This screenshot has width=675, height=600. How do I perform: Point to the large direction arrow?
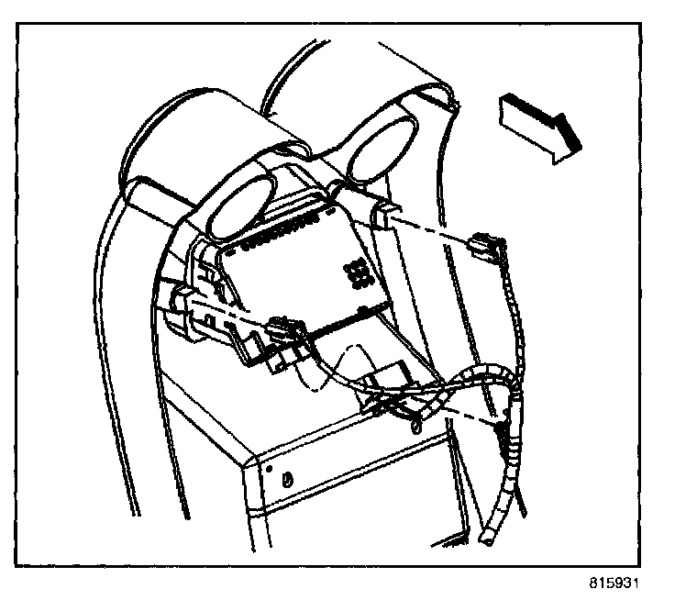click(540, 126)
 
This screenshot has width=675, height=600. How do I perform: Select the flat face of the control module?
click(303, 275)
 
